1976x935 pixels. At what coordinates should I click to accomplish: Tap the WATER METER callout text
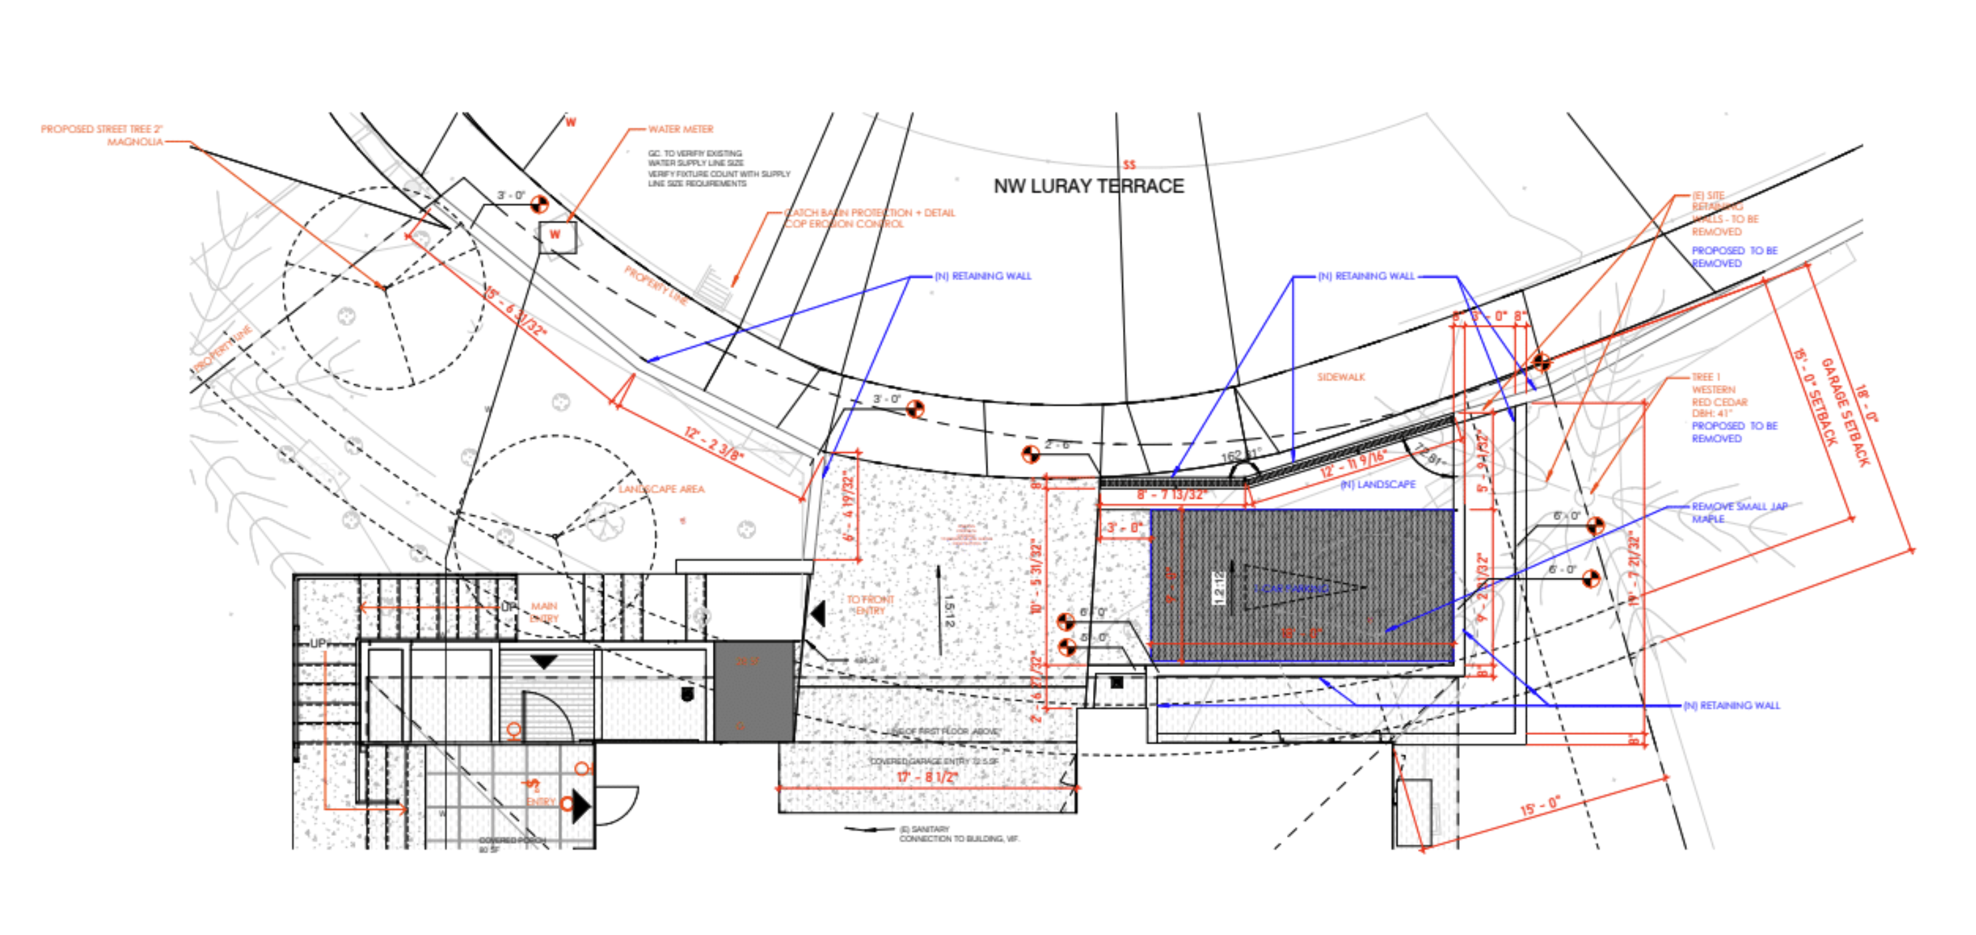click(x=680, y=129)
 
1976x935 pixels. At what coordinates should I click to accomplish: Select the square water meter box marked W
click(x=556, y=235)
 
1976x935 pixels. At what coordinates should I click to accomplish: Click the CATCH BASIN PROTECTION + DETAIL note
click(x=870, y=218)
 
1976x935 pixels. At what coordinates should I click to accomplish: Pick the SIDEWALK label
click(x=1341, y=377)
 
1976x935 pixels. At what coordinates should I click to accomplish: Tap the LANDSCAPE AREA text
click(x=661, y=489)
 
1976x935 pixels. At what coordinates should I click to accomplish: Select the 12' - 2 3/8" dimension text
click(x=714, y=444)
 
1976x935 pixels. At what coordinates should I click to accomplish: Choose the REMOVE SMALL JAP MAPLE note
click(x=1739, y=513)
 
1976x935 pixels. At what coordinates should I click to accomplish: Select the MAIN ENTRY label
click(x=544, y=612)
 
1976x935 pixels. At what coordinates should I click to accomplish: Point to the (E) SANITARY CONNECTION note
click(x=958, y=834)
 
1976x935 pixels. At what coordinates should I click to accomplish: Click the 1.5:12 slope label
click(x=949, y=612)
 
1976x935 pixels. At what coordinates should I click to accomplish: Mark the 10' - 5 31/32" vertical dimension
click(x=1037, y=576)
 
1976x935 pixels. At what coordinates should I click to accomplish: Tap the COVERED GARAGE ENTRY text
click(x=934, y=761)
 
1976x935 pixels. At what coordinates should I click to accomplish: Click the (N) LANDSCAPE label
click(x=1377, y=484)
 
